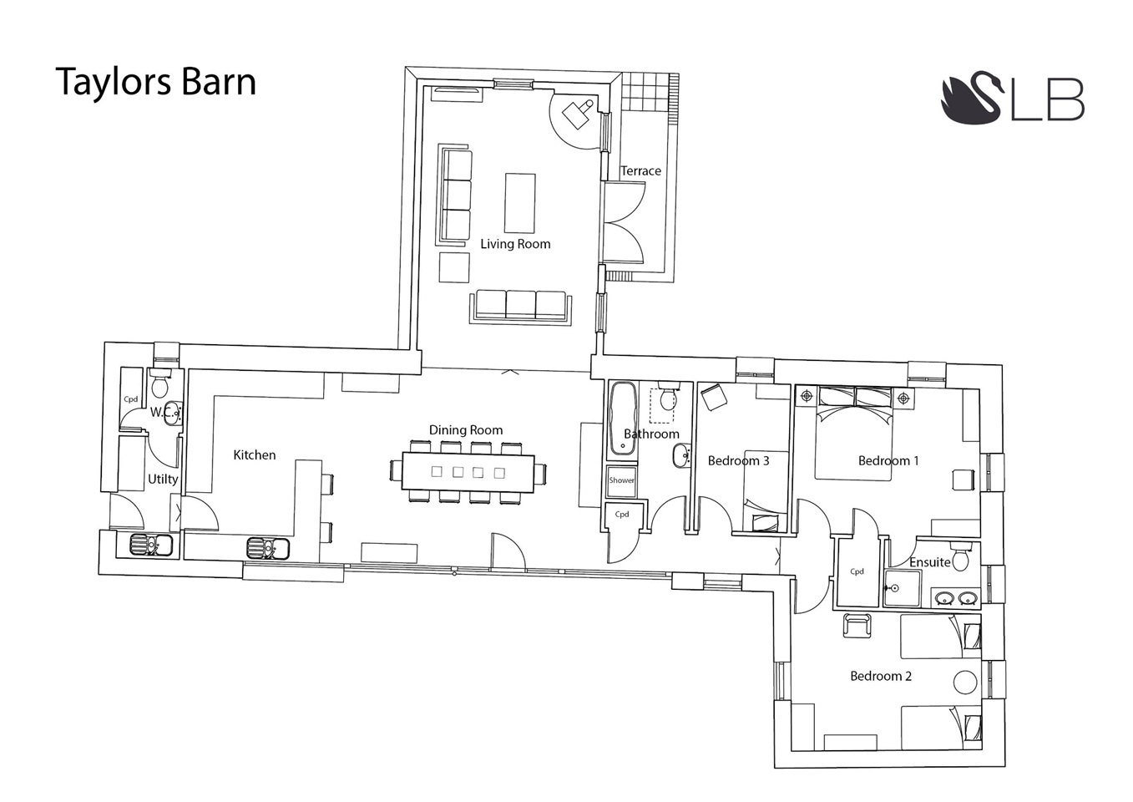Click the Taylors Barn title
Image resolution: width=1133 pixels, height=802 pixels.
click(156, 83)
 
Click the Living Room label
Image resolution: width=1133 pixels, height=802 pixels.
click(515, 244)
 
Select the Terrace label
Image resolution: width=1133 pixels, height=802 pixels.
click(641, 171)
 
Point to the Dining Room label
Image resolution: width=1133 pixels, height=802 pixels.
click(466, 430)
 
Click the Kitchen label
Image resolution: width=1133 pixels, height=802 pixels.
click(255, 455)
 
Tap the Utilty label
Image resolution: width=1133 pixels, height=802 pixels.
click(163, 479)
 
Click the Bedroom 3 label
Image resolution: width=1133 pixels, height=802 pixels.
click(738, 460)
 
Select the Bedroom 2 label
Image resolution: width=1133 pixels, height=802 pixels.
click(881, 676)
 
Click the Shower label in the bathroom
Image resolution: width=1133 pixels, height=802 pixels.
click(622, 480)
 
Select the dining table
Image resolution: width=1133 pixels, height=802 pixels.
click(468, 473)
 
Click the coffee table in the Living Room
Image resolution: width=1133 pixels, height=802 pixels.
click(519, 203)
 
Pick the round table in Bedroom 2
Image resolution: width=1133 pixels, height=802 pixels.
click(964, 682)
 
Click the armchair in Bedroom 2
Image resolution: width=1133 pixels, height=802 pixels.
click(857, 626)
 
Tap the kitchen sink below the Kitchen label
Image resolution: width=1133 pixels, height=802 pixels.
click(268, 548)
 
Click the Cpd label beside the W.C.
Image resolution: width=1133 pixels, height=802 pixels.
click(130, 399)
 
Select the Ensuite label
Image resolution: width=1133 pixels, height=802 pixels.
click(929, 562)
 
